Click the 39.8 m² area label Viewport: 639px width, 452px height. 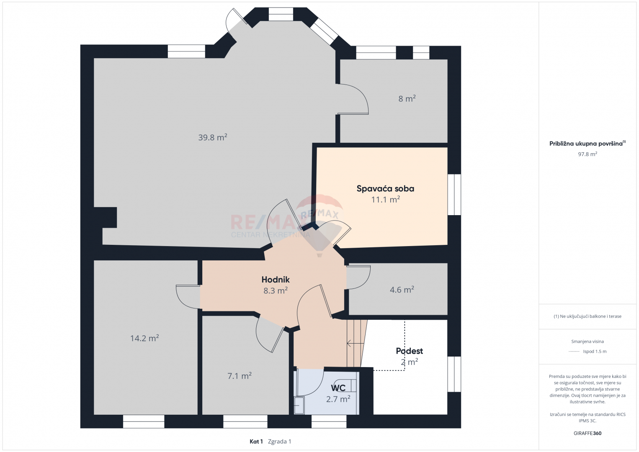pyautogui.click(x=213, y=137)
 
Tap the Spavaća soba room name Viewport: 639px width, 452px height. pyautogui.click(x=385, y=188)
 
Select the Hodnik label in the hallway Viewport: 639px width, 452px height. pyautogui.click(x=276, y=280)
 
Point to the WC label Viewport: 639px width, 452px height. pyautogui.click(x=338, y=388)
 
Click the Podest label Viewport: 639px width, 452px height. pyautogui.click(x=410, y=351)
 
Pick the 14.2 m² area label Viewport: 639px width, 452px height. pyautogui.click(x=144, y=338)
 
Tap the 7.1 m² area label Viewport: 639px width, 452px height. pyautogui.click(x=240, y=375)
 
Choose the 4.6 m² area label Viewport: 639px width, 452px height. pyautogui.click(x=402, y=290)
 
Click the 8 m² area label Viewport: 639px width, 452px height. pyautogui.click(x=407, y=98)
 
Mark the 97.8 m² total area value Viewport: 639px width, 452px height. pyautogui.click(x=587, y=154)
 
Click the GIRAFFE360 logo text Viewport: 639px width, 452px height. pyautogui.click(x=587, y=433)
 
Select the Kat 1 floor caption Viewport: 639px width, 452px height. pyautogui.click(x=256, y=442)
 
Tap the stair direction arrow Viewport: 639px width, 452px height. pyautogui.click(x=356, y=344)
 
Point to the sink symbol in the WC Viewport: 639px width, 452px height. pyautogui.click(x=299, y=405)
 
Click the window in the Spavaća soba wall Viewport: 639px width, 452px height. pyautogui.click(x=454, y=195)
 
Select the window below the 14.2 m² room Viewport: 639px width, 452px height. pyautogui.click(x=144, y=421)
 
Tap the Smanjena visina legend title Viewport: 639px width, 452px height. pyautogui.click(x=587, y=342)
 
